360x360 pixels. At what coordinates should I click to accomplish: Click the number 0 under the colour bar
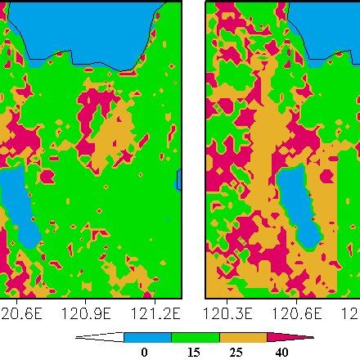tap(146, 352)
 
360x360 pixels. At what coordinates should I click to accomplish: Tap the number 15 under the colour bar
tap(193, 352)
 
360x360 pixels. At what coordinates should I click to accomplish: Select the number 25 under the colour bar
tap(241, 352)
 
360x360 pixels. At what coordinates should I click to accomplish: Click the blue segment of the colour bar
tap(147, 336)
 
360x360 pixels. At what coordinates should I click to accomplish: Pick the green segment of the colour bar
tap(195, 336)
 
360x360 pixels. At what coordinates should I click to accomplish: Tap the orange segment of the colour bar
tap(242, 336)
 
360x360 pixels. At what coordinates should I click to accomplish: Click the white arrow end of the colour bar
tap(102, 336)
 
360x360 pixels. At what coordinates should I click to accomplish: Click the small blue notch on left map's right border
tap(178, 180)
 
